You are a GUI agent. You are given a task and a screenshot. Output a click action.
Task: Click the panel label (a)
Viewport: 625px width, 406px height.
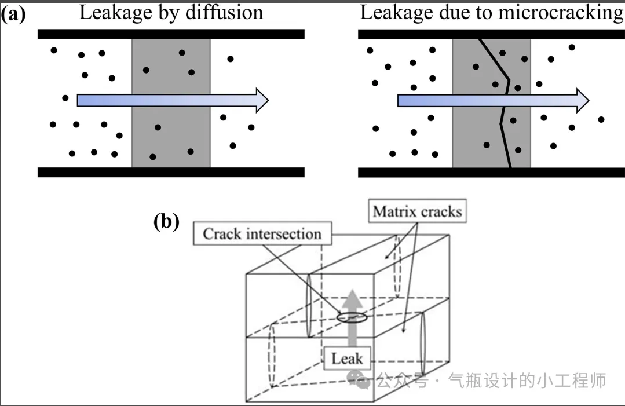tap(13, 13)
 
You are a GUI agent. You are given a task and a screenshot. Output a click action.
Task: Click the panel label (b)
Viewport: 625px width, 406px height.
tap(166, 222)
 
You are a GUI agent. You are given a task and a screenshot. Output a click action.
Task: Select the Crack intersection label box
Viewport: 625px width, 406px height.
tap(262, 234)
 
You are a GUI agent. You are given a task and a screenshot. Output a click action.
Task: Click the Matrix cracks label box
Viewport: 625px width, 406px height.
tap(417, 212)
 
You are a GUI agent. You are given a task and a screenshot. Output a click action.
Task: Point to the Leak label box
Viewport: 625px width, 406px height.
tap(347, 359)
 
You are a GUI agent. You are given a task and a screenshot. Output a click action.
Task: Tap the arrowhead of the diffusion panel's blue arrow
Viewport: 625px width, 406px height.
tap(262, 100)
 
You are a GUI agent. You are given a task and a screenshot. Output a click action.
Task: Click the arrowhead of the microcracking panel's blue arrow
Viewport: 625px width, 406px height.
tap(582, 100)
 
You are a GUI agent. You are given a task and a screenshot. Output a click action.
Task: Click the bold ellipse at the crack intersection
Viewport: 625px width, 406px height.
tap(352, 317)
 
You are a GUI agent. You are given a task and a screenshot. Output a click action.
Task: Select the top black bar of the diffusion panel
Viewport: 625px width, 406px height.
tap(171, 34)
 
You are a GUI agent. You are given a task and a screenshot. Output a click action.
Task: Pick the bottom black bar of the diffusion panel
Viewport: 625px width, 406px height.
tap(171, 172)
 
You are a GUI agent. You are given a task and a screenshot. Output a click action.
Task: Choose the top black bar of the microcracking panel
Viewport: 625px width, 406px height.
tap(491, 34)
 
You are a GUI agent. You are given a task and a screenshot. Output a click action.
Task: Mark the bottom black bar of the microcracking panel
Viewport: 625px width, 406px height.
tap(491, 172)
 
